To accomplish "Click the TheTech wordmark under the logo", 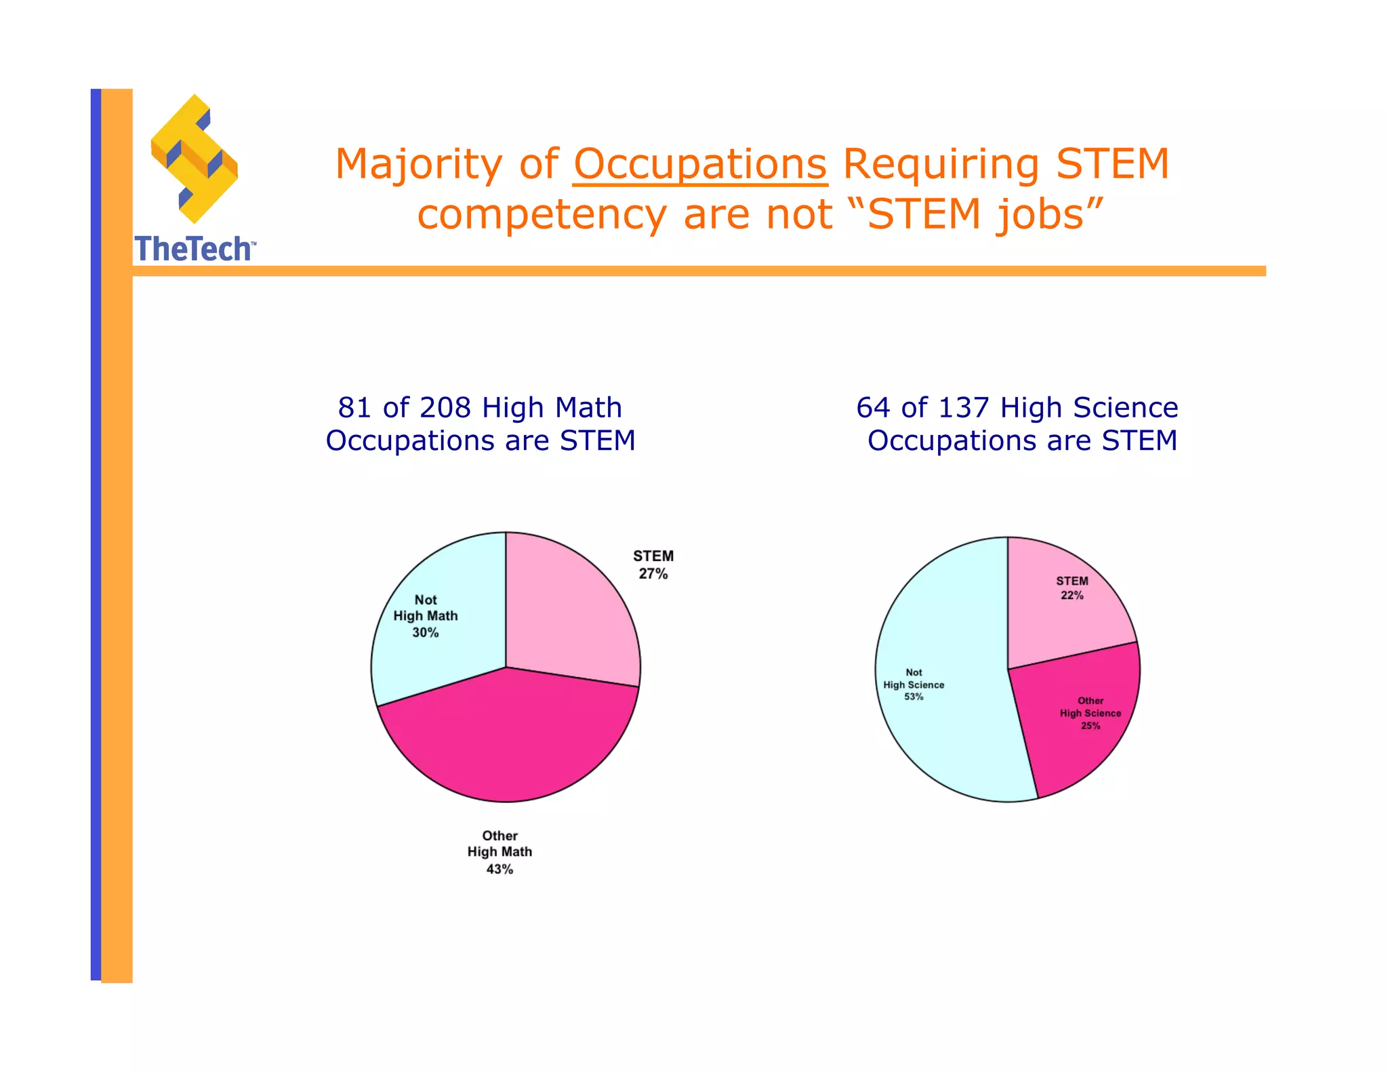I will pos(195,249).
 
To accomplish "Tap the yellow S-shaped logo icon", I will pos(194,159).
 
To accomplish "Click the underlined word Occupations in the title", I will pos(699,165).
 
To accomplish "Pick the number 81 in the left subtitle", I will pos(356,408).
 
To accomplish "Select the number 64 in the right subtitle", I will pos(874,408).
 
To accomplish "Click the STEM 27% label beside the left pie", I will pos(653,564).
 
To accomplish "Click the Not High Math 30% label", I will pos(426,616).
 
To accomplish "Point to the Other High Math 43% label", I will pos(499,852).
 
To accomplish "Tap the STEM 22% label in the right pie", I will pos(1071,588).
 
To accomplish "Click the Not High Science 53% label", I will pos(914,684).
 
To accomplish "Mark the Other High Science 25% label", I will pos(1090,713).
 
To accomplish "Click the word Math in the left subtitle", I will pos(588,408).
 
